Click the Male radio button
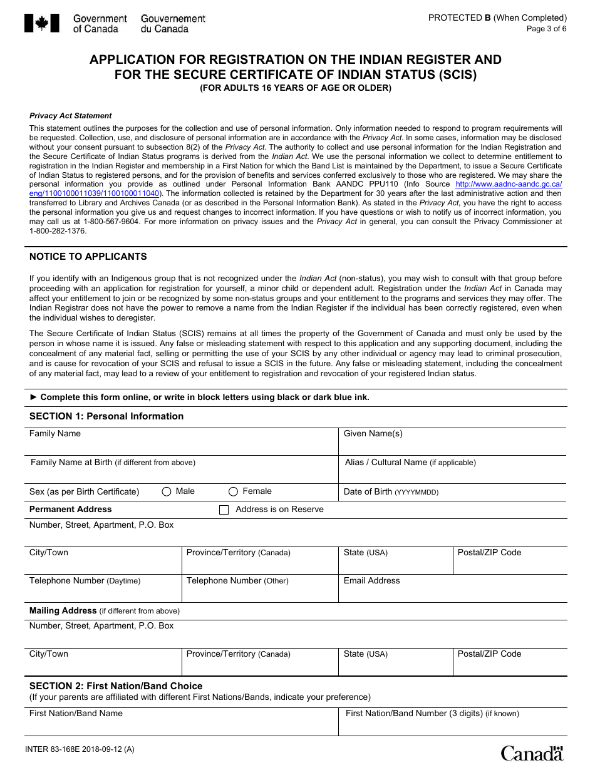[x=167, y=492]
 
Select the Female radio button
[x=234, y=492]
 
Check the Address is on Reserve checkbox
[x=224, y=510]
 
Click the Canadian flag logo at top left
[x=42, y=23]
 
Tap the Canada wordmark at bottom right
[x=532, y=752]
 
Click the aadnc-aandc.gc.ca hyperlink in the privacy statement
[x=509, y=184]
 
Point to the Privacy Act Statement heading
[x=71, y=116]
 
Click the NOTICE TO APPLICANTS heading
[x=88, y=257]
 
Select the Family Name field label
[x=55, y=433]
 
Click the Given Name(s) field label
[x=373, y=433]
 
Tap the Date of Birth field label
[x=391, y=492]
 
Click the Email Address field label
[x=371, y=581]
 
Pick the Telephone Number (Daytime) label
[x=85, y=581]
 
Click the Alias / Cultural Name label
[x=410, y=463]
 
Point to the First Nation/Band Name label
[x=76, y=714]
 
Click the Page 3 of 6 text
[x=546, y=29]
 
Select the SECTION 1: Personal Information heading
[x=106, y=416]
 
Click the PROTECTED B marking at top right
[x=497, y=18]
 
